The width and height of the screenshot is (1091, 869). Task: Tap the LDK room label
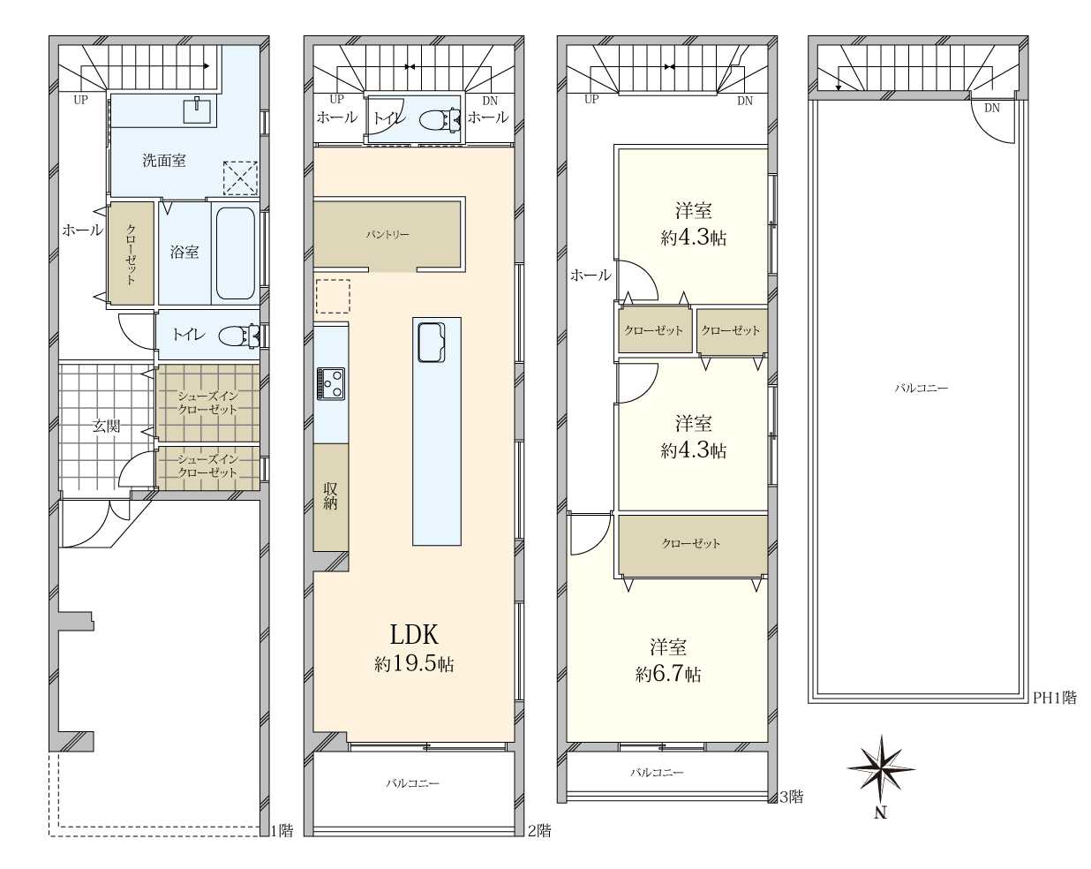(414, 634)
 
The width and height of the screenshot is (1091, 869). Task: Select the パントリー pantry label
(387, 235)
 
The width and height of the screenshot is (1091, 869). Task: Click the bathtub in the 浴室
(235, 253)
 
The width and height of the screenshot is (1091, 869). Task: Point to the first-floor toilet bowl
(239, 336)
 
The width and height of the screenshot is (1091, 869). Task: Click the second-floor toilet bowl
(440, 120)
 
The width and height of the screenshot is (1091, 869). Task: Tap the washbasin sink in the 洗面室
(197, 110)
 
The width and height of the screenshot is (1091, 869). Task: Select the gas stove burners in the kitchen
(330, 383)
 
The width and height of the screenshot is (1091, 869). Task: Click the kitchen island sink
(432, 343)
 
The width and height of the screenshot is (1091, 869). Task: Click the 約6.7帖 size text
(669, 674)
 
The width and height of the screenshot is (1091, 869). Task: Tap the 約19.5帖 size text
(414, 664)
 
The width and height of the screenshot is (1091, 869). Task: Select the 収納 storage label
(330, 495)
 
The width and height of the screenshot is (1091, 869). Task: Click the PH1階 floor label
(1056, 698)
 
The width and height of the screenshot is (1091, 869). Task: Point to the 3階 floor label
(792, 797)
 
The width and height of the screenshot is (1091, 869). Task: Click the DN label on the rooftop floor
(992, 108)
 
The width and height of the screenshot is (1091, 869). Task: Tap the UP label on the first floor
(80, 100)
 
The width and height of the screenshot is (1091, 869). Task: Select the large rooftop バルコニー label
(922, 389)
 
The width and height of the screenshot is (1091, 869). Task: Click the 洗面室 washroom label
(164, 161)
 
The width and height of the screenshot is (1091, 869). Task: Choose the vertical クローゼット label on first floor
(131, 253)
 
